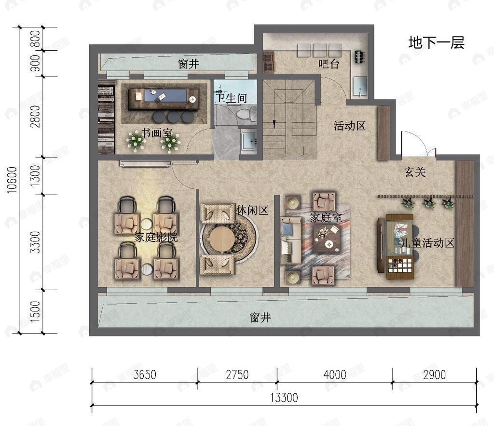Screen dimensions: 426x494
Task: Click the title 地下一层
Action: (436, 43)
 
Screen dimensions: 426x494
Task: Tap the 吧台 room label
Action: (329, 64)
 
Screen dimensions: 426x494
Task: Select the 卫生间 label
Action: (231, 98)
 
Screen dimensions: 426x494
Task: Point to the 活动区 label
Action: (350, 126)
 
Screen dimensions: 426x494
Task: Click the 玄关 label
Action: (415, 172)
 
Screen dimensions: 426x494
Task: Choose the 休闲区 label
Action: (252, 211)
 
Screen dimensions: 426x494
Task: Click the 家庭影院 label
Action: (156, 237)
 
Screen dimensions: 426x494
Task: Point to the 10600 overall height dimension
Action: (12, 180)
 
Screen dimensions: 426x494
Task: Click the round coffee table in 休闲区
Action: (223, 239)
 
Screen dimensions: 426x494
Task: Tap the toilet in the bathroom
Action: (246, 114)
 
